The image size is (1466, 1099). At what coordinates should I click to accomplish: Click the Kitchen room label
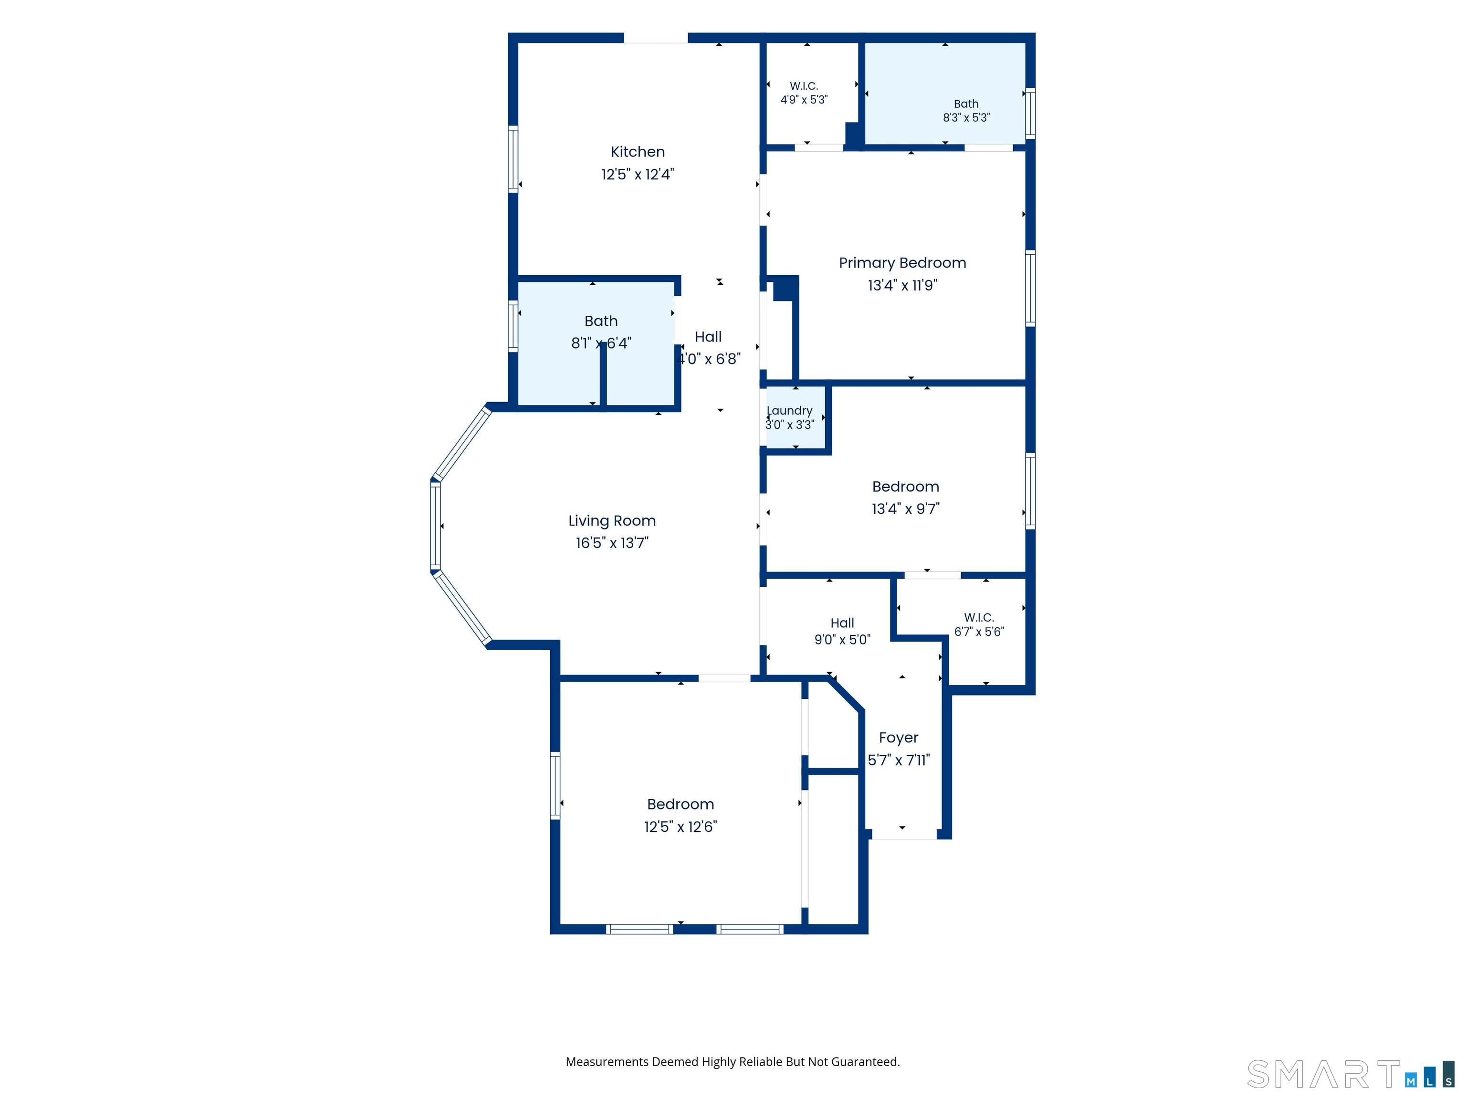point(638,152)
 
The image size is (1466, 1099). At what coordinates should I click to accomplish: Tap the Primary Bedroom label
point(903,263)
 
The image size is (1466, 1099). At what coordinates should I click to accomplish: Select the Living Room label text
point(612,521)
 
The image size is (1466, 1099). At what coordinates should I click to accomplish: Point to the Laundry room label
point(789,411)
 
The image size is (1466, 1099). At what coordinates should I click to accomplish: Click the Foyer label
point(899,738)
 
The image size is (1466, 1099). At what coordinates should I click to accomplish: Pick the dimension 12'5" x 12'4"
point(638,174)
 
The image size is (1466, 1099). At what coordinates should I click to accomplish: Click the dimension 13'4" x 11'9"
point(903,286)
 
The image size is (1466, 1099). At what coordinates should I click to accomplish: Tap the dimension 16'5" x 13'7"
point(612,543)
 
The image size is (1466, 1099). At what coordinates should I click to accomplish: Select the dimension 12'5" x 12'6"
point(681,827)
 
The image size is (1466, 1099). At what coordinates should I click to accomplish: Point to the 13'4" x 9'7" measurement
point(905,509)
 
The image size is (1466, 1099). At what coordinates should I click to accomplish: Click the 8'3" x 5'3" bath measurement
point(966,118)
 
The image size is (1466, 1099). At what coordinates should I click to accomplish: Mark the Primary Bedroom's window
point(1031,288)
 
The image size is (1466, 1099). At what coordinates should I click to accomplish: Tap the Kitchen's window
point(513,159)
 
